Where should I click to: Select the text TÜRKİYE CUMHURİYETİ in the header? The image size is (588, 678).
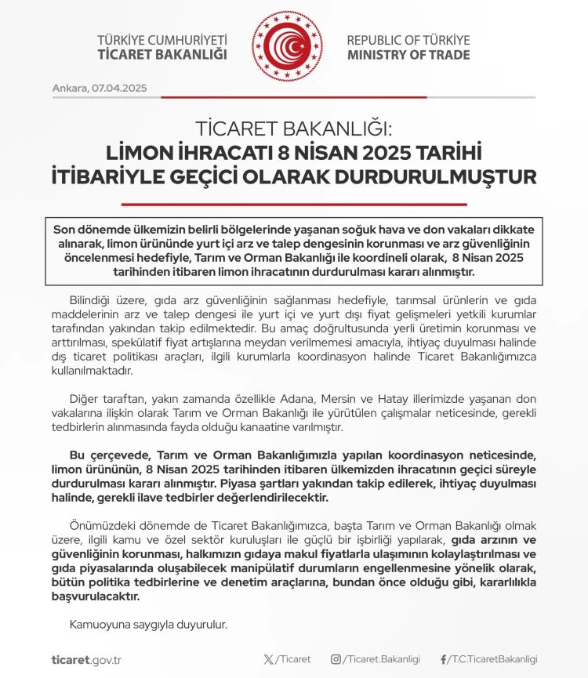click(x=162, y=40)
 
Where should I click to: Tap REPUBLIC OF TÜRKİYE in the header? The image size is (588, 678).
click(x=408, y=40)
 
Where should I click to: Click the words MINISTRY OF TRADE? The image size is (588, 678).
click(x=408, y=55)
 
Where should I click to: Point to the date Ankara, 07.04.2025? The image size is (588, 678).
click(x=100, y=88)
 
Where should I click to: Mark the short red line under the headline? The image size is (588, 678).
click(x=294, y=204)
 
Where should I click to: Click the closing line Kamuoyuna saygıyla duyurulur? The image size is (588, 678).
click(x=147, y=624)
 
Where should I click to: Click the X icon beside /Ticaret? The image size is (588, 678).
click(x=270, y=659)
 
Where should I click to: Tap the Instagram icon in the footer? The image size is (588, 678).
click(x=336, y=659)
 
